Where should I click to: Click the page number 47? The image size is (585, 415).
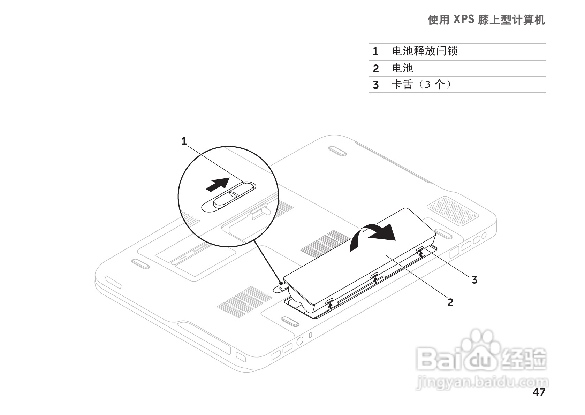(539, 392)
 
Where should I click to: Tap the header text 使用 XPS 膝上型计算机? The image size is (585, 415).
(486, 20)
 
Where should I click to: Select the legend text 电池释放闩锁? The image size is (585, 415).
(425, 51)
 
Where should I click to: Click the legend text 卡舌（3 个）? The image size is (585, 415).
(421, 84)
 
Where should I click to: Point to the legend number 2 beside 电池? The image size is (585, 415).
(375, 69)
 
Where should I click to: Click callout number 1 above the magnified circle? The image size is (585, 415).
(184, 141)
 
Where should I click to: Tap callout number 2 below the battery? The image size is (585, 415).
(450, 302)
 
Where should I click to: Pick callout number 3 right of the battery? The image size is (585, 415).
(474, 279)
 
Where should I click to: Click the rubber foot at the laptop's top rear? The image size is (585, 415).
(337, 150)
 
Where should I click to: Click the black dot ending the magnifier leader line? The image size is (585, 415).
(281, 283)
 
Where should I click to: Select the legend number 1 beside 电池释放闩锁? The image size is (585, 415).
(375, 52)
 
